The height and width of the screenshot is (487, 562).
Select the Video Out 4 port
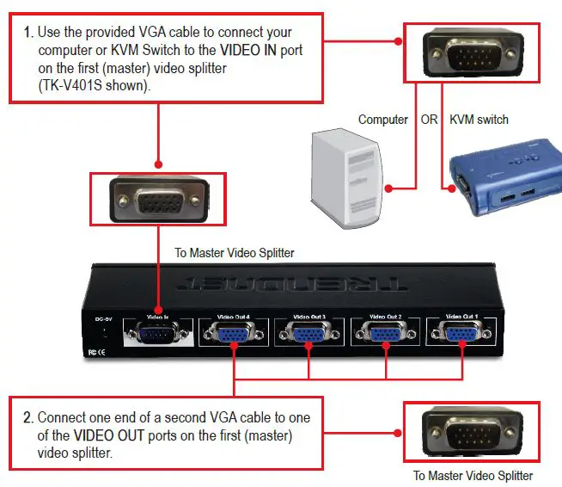[x=234, y=335]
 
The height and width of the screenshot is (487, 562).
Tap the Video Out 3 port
[x=308, y=335]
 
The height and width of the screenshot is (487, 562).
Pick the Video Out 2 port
[x=385, y=334]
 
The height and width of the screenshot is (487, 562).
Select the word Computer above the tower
[x=382, y=120]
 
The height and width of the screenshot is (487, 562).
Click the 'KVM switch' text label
[x=479, y=120]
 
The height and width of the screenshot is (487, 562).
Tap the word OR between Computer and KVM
[x=429, y=120]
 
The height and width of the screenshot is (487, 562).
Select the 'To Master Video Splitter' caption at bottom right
[x=473, y=476]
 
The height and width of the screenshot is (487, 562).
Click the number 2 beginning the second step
[x=27, y=418]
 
